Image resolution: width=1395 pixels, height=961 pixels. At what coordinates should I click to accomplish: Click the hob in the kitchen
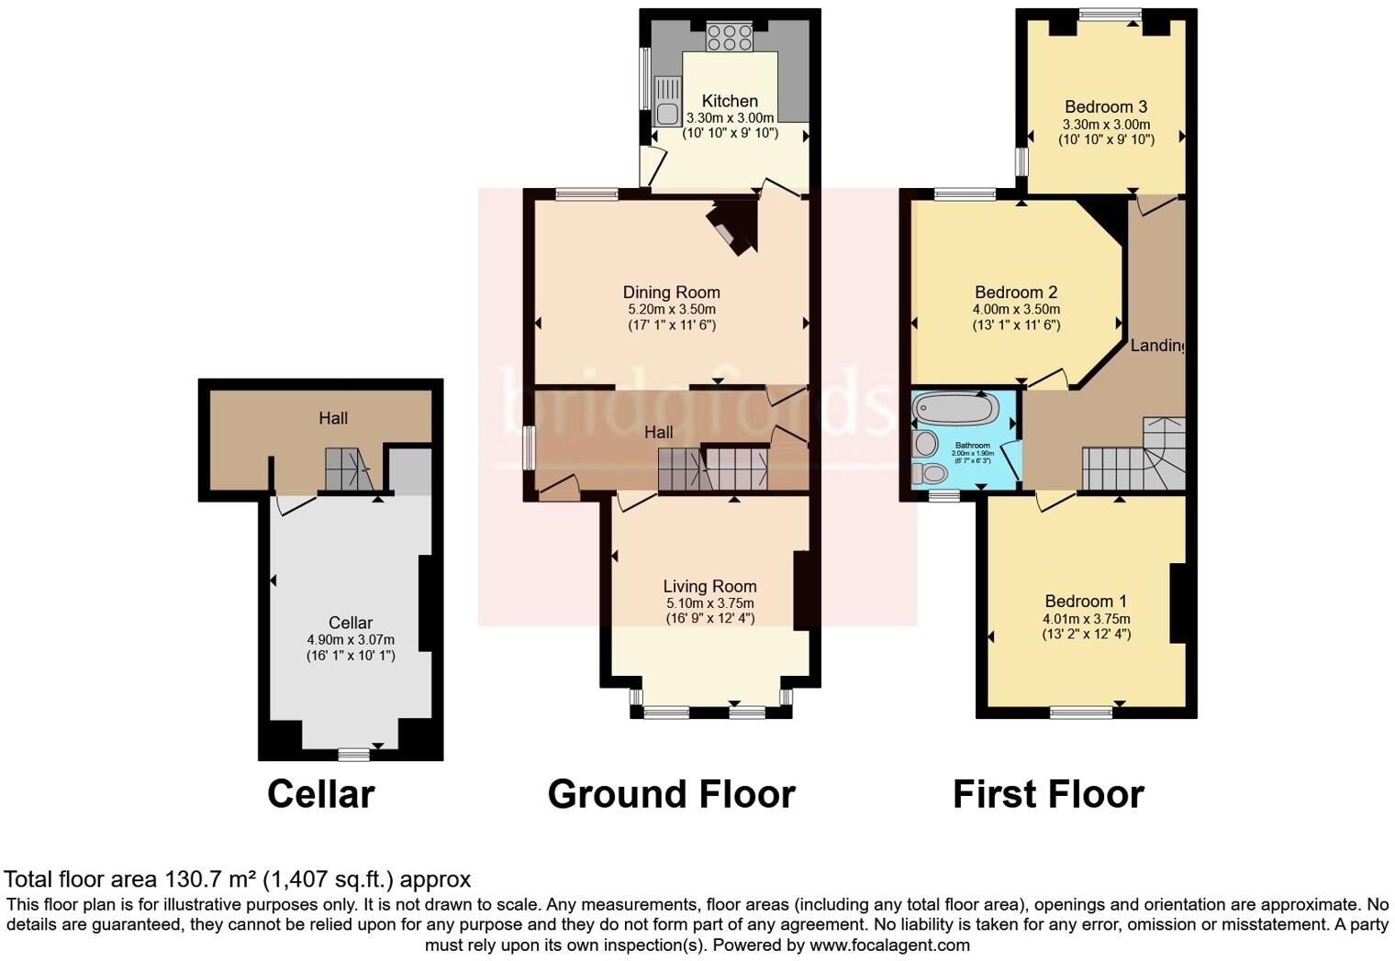pos(730,38)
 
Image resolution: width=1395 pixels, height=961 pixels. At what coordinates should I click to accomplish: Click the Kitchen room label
pos(730,101)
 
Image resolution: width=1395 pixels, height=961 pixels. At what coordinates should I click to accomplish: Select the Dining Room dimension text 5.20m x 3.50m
pos(672,309)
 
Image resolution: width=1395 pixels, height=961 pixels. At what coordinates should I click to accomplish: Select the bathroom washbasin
pos(926,444)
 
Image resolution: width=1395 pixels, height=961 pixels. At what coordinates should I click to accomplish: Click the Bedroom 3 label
pos(1106,106)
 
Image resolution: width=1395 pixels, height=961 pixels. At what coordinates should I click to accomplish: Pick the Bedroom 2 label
pos(1016,292)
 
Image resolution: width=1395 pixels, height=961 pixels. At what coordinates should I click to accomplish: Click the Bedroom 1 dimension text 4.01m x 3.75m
pos(1086,619)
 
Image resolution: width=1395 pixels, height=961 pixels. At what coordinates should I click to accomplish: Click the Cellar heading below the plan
pos(320,794)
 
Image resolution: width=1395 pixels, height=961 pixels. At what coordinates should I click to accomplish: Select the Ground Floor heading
pos(671,794)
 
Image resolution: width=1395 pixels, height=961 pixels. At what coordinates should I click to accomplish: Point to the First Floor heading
pos(1048,794)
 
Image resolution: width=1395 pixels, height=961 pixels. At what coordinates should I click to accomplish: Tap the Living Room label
pos(709,586)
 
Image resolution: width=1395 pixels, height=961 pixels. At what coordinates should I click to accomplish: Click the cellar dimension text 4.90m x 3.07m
pos(351,640)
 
